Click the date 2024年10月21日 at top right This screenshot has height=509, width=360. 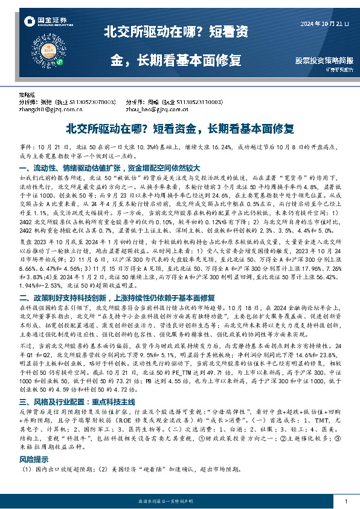(x=325, y=24)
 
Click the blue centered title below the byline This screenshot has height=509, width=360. (x=179, y=129)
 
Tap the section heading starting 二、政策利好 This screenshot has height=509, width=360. (x=118, y=298)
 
